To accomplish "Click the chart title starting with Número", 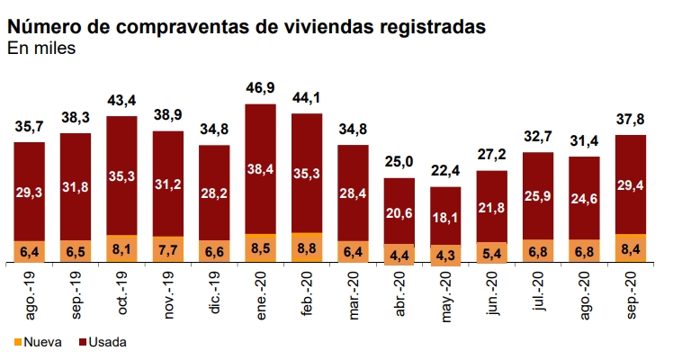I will (247, 27).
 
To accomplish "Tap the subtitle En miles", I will (41, 49).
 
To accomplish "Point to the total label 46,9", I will (260, 87).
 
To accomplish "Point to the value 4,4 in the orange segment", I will (399, 255).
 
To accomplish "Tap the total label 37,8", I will (631, 119).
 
